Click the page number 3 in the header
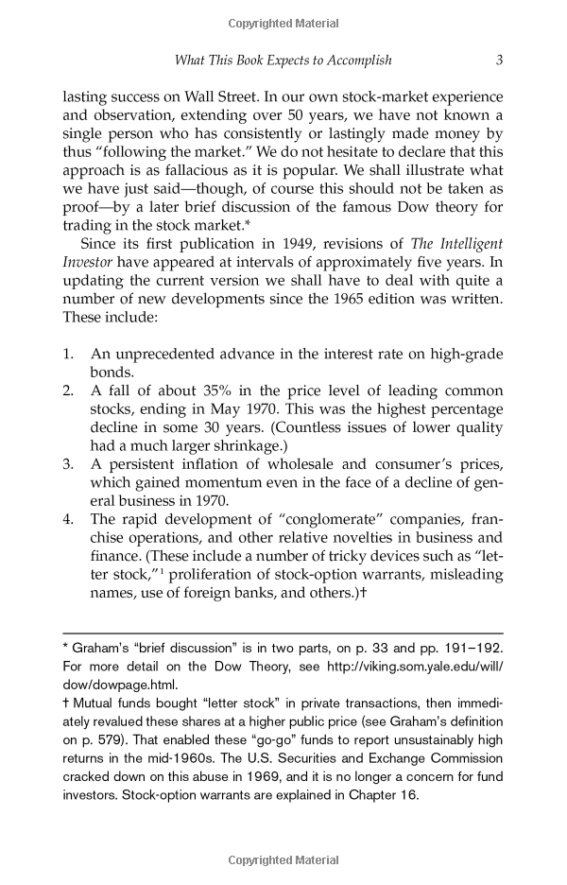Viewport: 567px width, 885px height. tap(498, 60)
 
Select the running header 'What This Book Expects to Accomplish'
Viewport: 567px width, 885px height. tap(283, 60)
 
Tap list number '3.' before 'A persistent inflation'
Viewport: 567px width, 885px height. tap(68, 463)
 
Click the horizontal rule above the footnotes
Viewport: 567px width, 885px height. tap(283, 633)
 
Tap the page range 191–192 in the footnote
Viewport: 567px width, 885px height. tap(468, 651)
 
